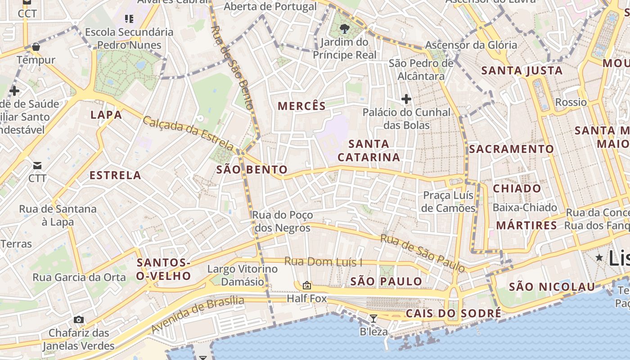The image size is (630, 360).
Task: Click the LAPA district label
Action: point(106,115)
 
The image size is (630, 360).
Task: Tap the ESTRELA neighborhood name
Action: point(115,175)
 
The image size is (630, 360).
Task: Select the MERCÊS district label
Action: point(301,106)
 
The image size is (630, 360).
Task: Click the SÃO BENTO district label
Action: point(252,170)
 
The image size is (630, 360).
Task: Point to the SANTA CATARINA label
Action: point(369,150)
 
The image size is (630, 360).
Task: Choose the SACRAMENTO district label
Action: point(512,149)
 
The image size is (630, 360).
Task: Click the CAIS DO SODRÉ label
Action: point(453,313)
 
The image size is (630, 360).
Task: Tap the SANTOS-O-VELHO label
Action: point(163,269)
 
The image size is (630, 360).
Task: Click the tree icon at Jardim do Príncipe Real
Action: point(345,29)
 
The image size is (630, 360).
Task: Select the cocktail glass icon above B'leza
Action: point(373,319)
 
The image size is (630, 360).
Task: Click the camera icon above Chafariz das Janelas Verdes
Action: point(79,319)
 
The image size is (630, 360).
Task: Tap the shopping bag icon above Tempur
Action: point(36,47)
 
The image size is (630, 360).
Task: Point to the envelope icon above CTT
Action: point(37,166)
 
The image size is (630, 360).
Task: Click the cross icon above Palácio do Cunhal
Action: point(406,99)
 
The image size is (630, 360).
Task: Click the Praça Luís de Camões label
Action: point(449,202)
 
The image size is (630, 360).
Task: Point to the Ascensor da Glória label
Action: point(471,45)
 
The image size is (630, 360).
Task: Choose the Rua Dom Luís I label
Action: point(323,262)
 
